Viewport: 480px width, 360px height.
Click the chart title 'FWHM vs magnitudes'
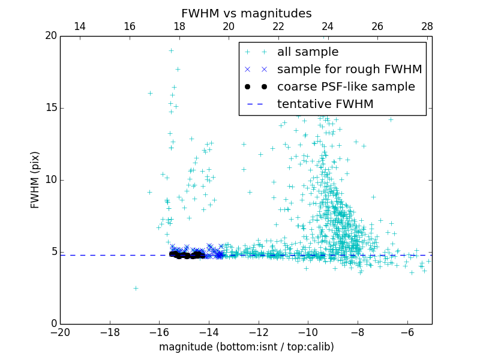pyautogui.click(x=246, y=13)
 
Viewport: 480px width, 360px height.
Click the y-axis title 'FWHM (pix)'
pyautogui.click(x=35, y=180)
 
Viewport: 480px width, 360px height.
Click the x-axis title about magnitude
pyautogui.click(x=246, y=347)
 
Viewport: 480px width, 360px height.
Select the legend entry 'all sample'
pyautogui.click(x=308, y=52)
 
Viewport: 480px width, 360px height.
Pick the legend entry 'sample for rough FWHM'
pyautogui.click(x=349, y=70)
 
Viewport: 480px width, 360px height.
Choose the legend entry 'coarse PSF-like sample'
pyautogui.click(x=346, y=87)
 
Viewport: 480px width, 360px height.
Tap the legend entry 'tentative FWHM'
pyautogui.click(x=325, y=104)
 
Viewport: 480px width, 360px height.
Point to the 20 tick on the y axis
pyautogui.click(x=50, y=36)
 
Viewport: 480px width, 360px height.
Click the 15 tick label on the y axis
pyautogui.click(x=50, y=108)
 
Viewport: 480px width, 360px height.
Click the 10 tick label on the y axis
pyautogui.click(x=50, y=180)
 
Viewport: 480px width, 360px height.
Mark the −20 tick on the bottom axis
pyautogui.click(x=60, y=332)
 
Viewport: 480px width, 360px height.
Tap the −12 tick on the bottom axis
pyautogui.click(x=259, y=332)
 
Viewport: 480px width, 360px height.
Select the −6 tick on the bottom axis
pyautogui.click(x=407, y=332)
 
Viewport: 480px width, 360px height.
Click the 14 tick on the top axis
pyautogui.click(x=80, y=26)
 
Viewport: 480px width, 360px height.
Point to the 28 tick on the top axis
pyautogui.click(x=427, y=26)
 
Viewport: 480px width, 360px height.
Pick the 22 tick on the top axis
pyautogui.click(x=278, y=26)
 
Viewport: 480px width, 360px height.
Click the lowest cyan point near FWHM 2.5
pyautogui.click(x=136, y=288)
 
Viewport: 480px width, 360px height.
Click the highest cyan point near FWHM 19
pyautogui.click(x=171, y=50)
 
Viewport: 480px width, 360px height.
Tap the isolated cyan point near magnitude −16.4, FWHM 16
pyautogui.click(x=150, y=93)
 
